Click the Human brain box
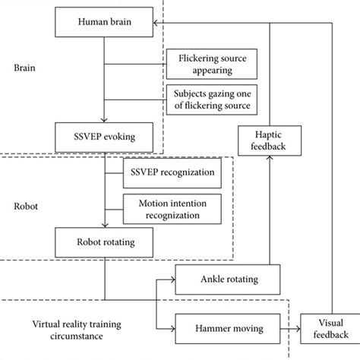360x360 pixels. [x=104, y=24]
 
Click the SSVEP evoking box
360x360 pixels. [x=104, y=139]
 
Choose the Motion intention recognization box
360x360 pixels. [x=174, y=210]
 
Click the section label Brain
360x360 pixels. [x=26, y=66]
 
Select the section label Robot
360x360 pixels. [x=27, y=205]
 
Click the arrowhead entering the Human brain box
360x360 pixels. [x=156, y=24]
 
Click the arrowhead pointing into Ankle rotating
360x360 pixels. [x=172, y=279]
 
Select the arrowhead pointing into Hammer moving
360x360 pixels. [x=172, y=328]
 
